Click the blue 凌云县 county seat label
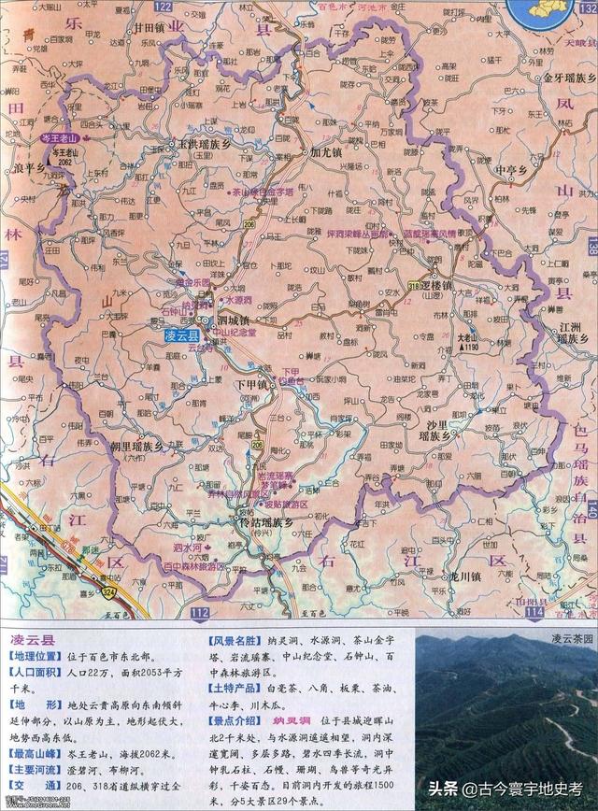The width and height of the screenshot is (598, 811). click(x=181, y=334)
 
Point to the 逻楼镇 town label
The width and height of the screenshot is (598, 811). click(x=435, y=285)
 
